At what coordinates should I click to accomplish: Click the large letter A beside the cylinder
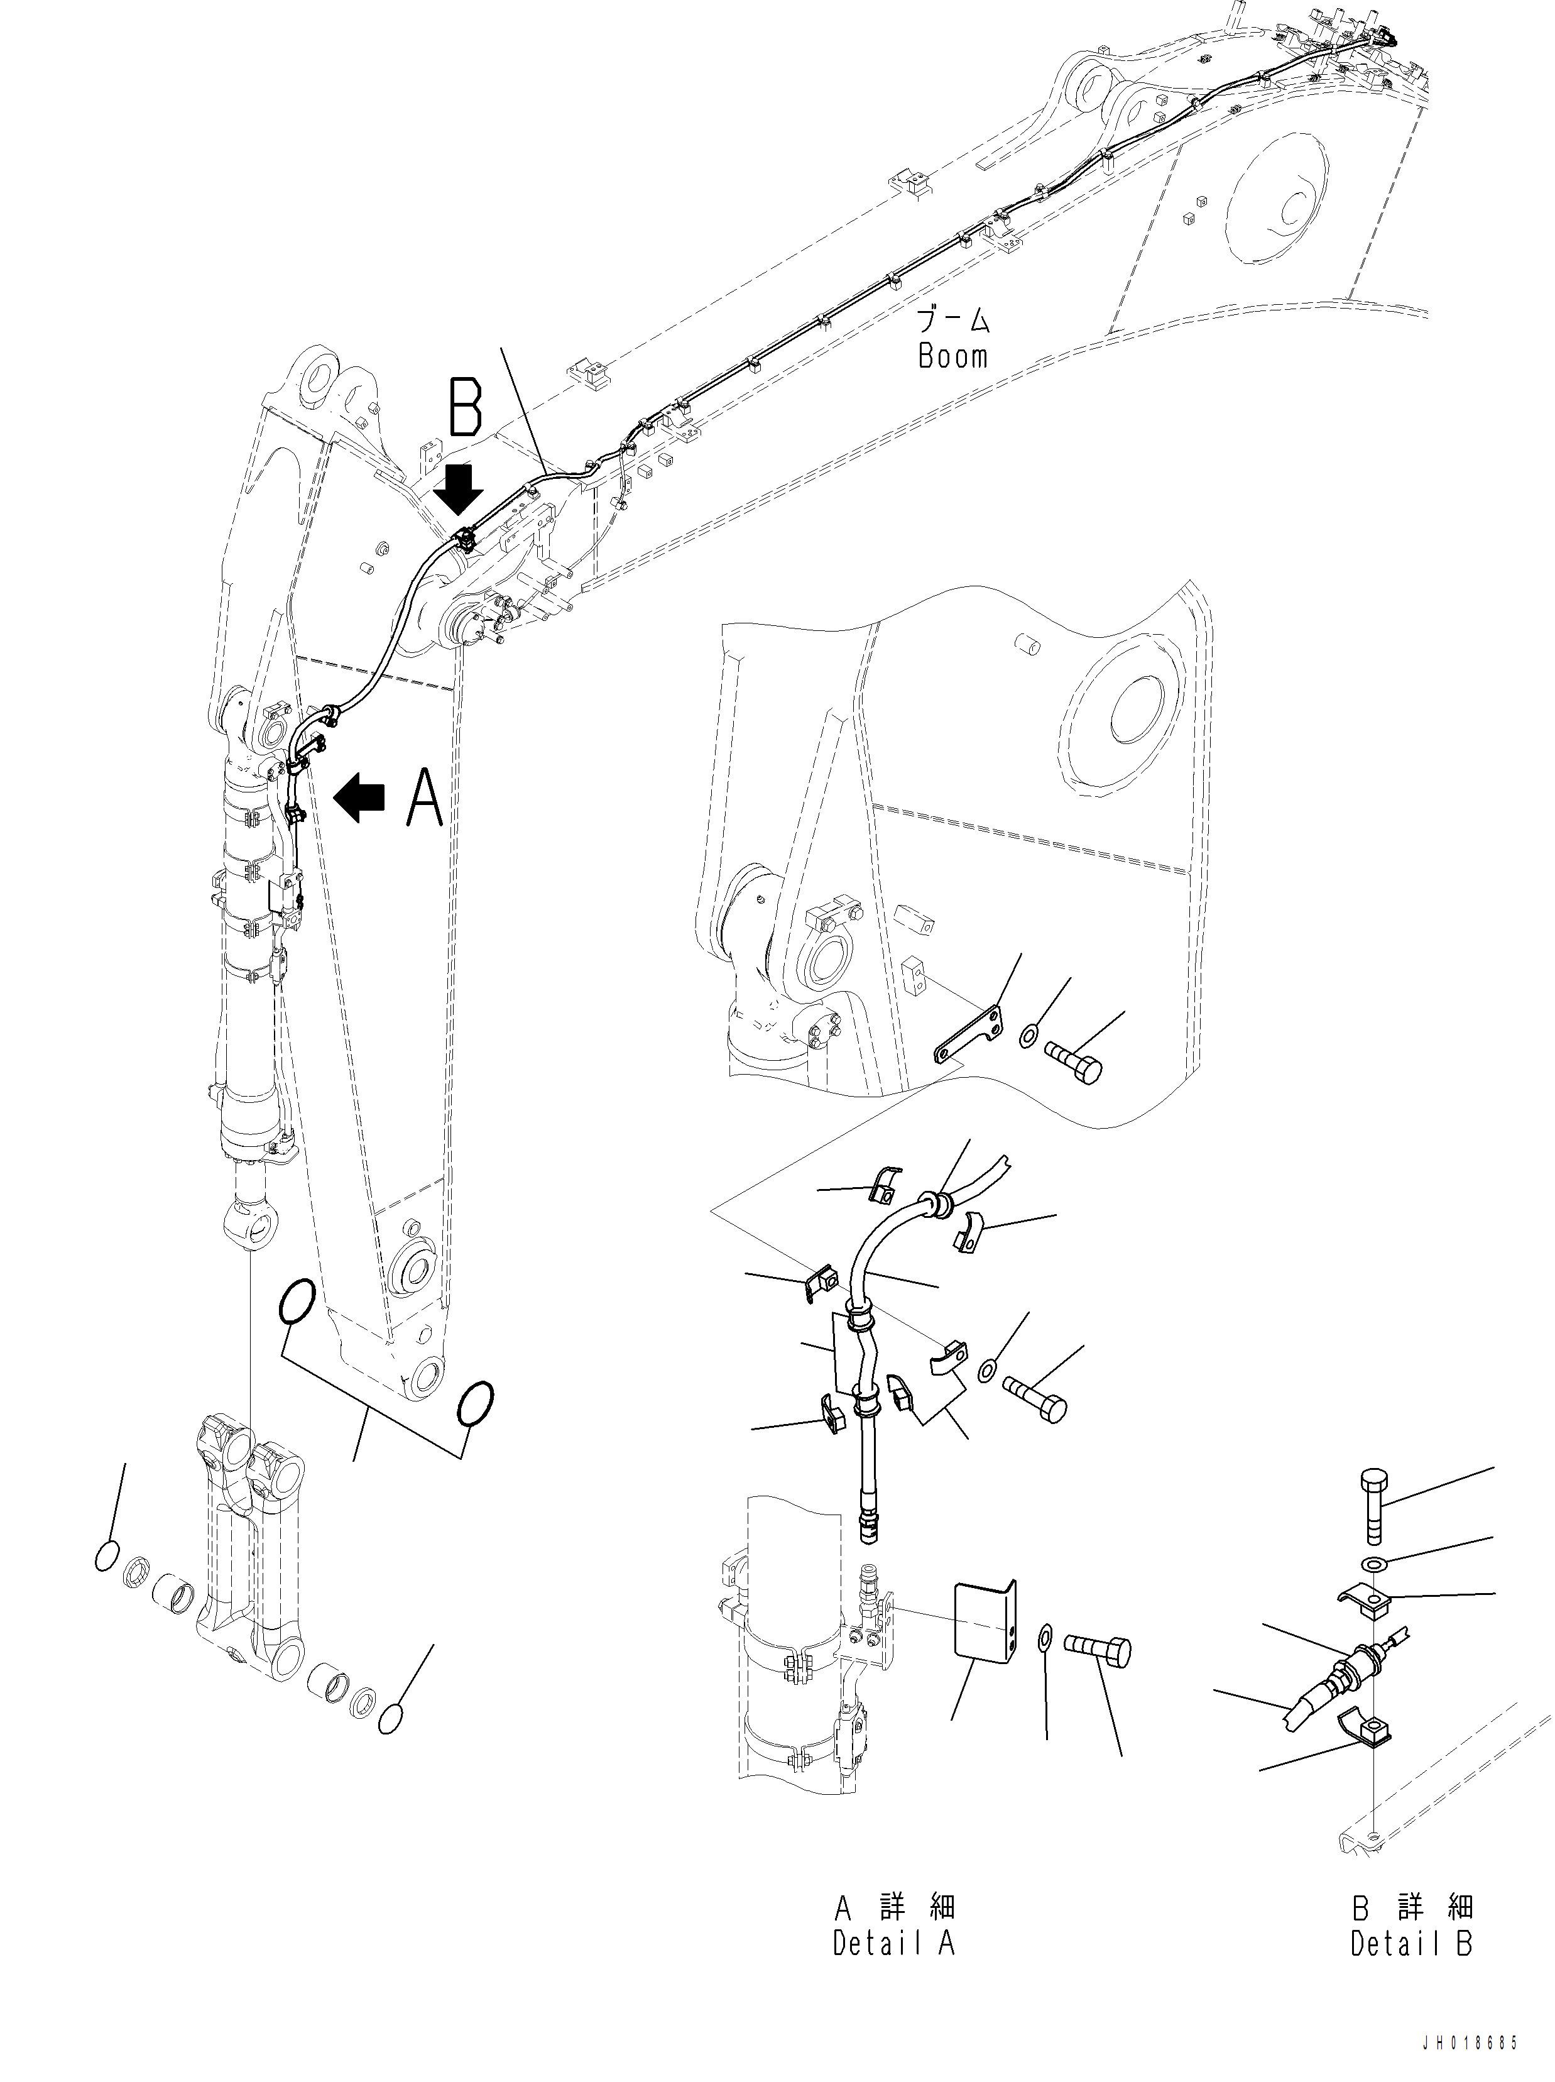pyautogui.click(x=425, y=797)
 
